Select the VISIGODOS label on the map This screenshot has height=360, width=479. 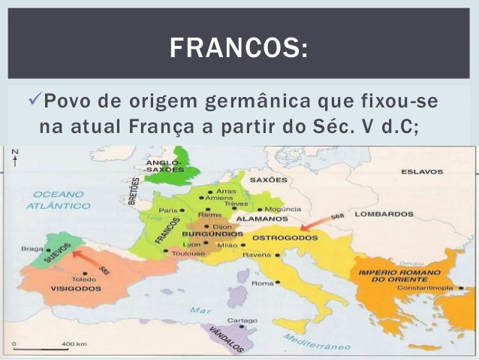click(77, 288)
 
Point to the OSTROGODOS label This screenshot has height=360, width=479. click(282, 237)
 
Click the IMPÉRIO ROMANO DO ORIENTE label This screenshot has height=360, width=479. click(397, 274)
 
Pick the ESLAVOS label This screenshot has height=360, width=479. click(422, 172)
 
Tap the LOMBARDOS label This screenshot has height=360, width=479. click(384, 214)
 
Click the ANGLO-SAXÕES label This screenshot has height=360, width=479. click(162, 166)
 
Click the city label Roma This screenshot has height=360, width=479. click(262, 283)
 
